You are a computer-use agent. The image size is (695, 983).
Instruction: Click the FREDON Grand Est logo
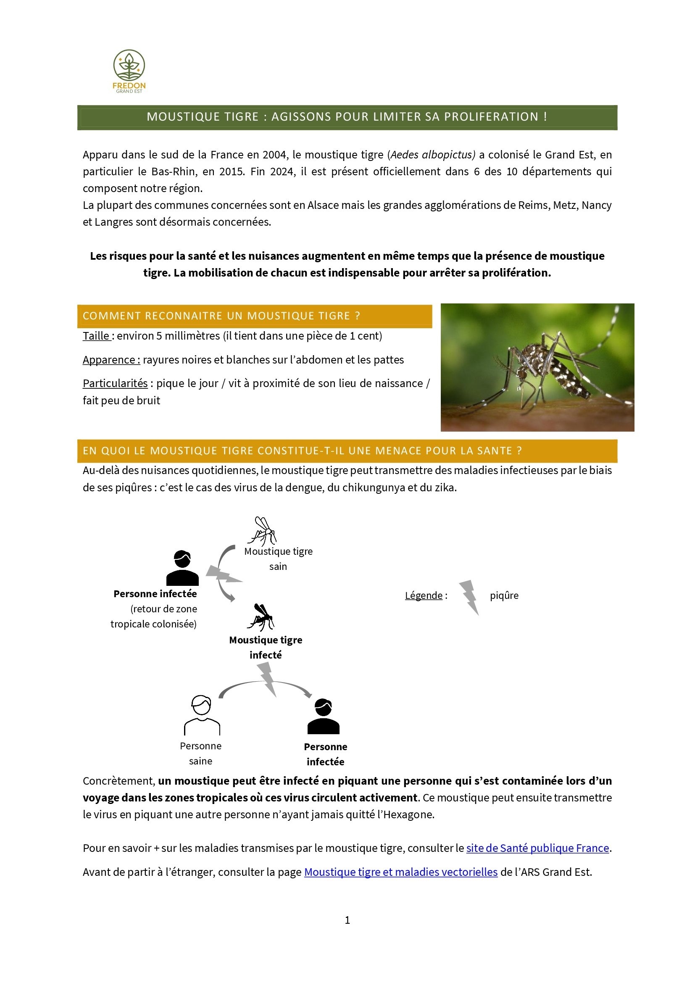(129, 71)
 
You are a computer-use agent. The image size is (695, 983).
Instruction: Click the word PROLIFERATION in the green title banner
(491, 117)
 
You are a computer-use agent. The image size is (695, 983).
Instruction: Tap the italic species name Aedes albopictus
(432, 155)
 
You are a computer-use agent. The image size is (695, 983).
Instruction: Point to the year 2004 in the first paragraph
(274, 155)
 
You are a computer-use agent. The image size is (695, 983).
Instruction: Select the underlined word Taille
(96, 336)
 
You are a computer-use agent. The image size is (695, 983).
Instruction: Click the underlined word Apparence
(111, 360)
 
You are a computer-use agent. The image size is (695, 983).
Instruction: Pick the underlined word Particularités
(115, 383)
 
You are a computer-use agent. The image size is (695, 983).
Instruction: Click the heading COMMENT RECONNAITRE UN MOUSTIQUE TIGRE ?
(221, 316)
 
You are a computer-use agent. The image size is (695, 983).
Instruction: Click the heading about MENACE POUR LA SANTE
(302, 451)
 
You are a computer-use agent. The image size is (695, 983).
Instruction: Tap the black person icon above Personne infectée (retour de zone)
(182, 568)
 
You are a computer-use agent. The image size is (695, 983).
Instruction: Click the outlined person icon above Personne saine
(202, 715)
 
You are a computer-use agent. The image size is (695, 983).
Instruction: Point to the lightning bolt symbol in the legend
(469, 597)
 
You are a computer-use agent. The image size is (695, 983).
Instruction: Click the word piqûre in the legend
(504, 596)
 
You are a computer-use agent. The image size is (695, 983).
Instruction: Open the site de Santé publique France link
(537, 848)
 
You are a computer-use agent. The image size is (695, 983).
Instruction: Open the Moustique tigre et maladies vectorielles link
(400, 872)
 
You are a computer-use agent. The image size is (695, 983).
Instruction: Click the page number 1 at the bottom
(347, 920)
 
